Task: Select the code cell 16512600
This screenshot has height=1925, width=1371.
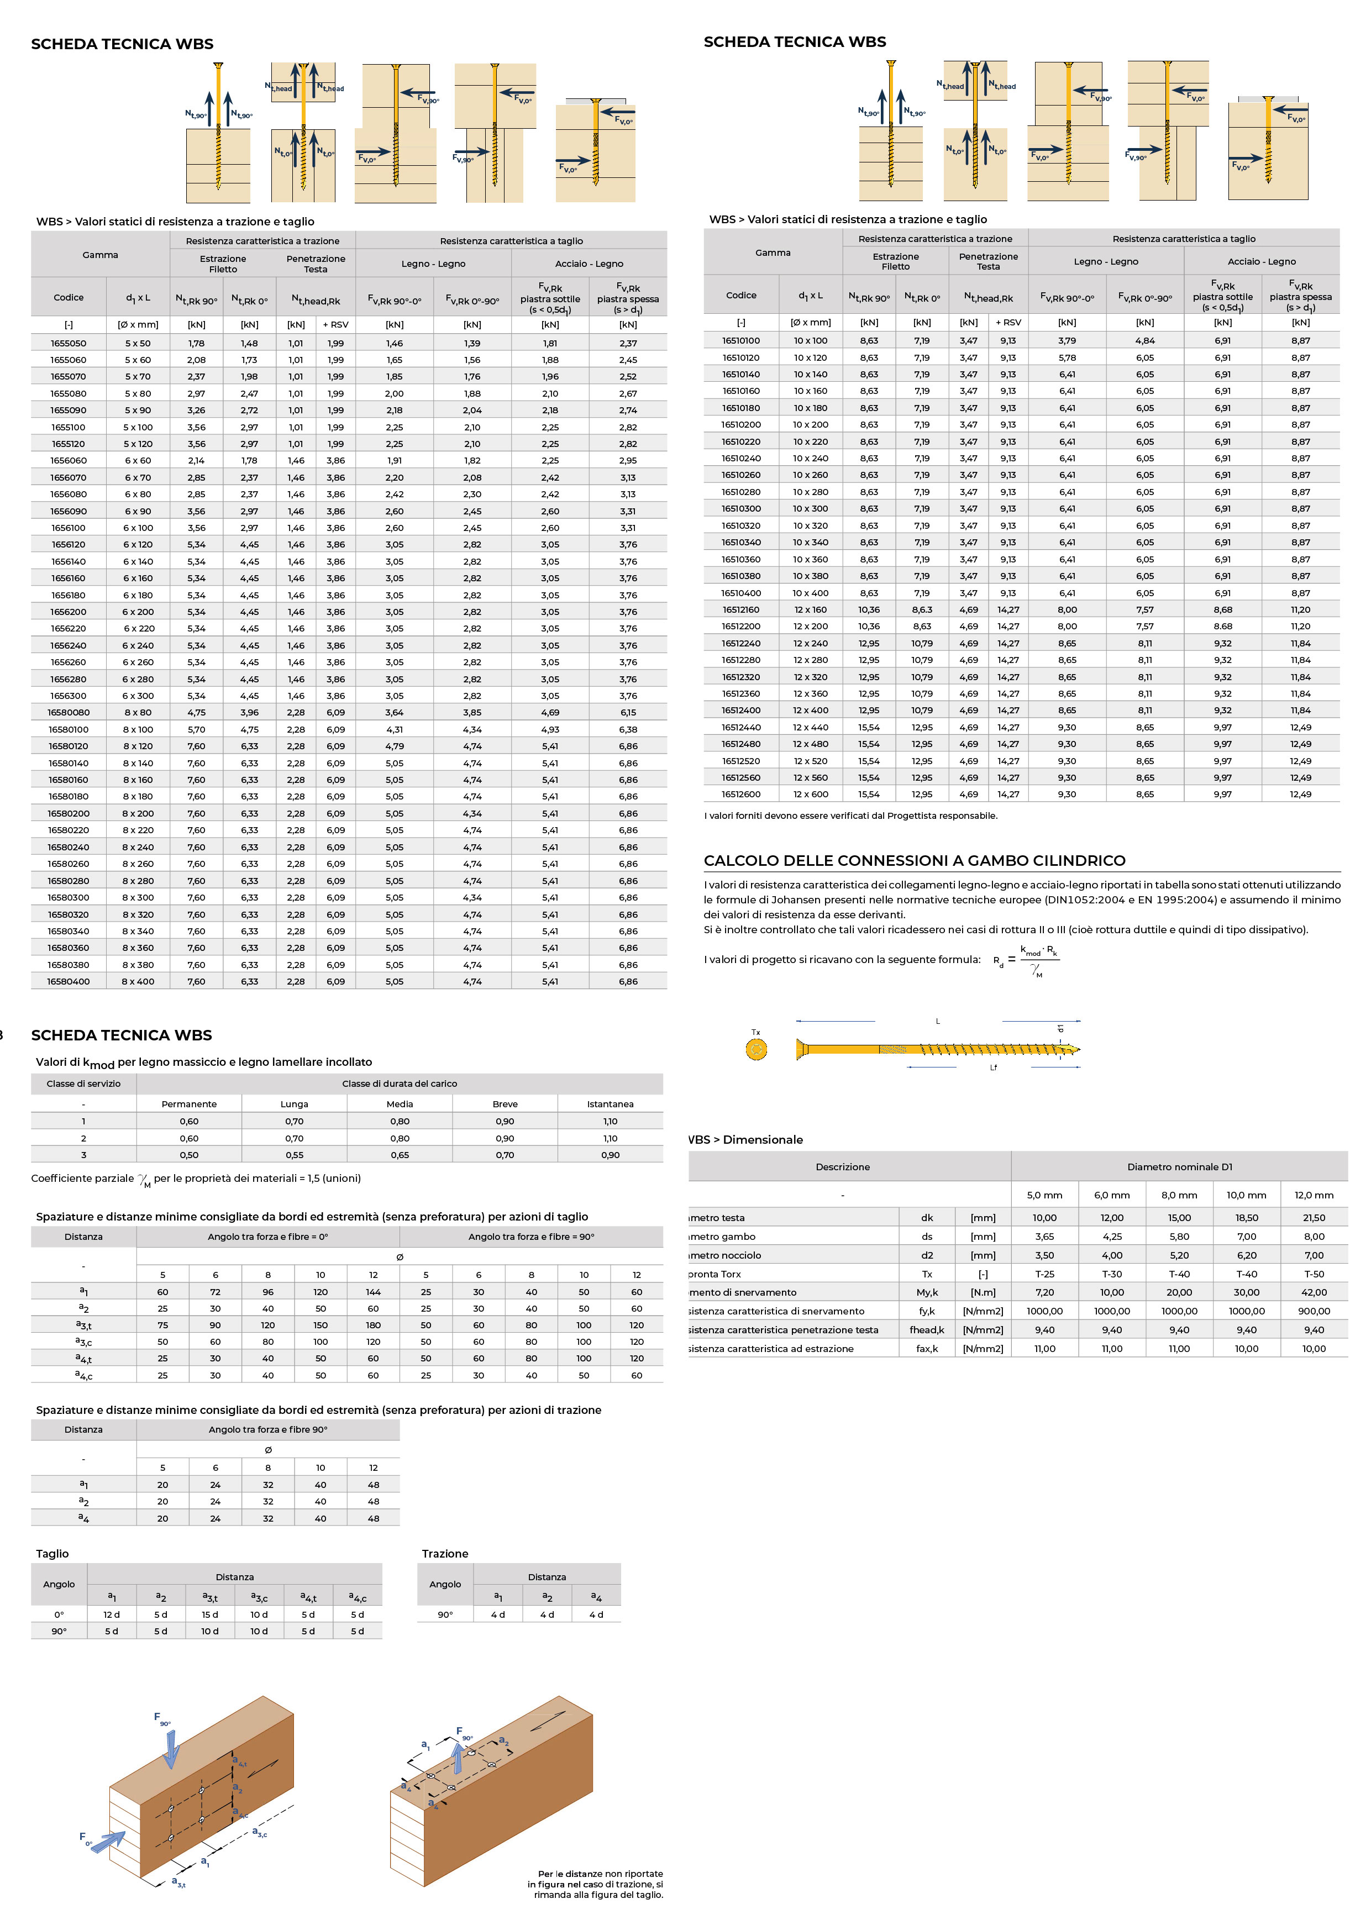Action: click(740, 794)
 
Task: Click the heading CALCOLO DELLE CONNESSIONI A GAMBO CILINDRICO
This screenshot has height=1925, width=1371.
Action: click(915, 861)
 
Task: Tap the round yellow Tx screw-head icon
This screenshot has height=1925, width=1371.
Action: click(757, 1049)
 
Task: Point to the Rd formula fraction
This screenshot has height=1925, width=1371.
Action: click(1038, 960)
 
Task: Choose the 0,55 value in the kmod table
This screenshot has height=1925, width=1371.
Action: click(294, 1154)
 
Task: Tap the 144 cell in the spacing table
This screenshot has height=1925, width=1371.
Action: click(373, 1292)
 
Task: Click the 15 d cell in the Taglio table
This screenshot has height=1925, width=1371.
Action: click(209, 1614)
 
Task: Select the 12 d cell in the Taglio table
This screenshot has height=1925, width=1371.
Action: click(112, 1614)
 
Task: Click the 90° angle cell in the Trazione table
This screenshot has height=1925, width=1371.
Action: click(445, 1614)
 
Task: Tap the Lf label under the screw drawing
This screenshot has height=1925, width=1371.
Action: click(994, 1067)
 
